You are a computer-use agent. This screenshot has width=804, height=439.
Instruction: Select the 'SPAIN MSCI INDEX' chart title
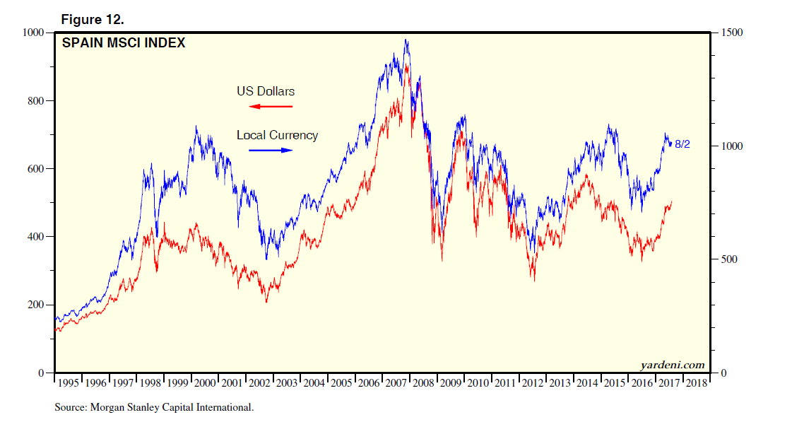(124, 43)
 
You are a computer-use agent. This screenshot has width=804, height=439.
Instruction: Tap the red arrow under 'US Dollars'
(271, 107)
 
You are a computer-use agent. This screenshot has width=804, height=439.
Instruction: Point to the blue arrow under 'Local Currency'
(271, 150)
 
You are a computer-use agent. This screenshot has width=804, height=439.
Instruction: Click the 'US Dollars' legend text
(266, 91)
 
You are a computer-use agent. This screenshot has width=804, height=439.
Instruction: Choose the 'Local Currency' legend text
(277, 135)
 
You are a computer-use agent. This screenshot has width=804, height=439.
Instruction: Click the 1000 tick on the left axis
(32, 33)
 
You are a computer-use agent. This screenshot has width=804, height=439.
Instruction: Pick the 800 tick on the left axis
(35, 100)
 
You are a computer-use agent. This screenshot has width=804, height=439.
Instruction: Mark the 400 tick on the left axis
(35, 237)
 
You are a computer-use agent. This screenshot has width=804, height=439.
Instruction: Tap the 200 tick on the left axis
(35, 305)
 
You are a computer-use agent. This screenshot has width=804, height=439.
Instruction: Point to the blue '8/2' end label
(682, 144)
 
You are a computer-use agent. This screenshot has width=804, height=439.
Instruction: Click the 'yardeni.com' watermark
(673, 365)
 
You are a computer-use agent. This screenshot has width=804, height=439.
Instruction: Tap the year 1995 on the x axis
(68, 382)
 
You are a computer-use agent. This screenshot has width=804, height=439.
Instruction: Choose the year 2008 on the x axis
(422, 382)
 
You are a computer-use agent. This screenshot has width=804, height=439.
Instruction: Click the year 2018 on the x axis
(696, 382)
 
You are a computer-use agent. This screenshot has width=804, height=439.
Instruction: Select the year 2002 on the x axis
(259, 382)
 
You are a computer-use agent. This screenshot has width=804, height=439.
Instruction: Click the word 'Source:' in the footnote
(69, 407)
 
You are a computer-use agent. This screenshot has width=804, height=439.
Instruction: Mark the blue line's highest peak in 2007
(406, 40)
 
